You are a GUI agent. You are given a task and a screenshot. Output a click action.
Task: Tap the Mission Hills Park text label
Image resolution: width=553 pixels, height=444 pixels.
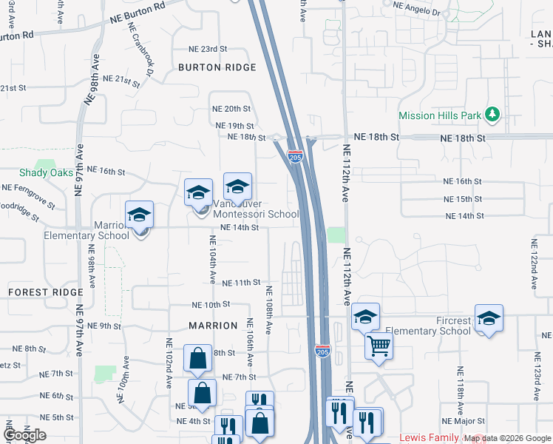pos(439,115)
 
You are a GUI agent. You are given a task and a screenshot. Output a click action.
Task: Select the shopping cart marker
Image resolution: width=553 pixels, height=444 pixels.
pos(379,345)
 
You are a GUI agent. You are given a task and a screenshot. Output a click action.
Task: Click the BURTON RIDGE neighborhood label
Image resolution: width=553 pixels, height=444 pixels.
pos(217,67)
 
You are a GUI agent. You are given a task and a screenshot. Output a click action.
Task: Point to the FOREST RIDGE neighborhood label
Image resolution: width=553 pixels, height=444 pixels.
pos(46,292)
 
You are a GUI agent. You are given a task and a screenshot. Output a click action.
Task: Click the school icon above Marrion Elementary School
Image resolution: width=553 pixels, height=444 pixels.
pos(139,216)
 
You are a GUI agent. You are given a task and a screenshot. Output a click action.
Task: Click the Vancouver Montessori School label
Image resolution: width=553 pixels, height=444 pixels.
pos(256,209)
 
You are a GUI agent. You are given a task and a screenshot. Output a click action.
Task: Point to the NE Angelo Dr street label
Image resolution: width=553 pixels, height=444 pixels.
pos(416,9)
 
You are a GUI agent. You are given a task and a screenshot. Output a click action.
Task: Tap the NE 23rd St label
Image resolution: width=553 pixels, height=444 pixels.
pos(207,49)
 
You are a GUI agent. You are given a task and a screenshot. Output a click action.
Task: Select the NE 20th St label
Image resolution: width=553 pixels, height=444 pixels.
pos(232,108)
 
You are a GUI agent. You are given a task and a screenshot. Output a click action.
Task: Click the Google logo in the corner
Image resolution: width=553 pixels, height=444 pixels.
pos(24,435)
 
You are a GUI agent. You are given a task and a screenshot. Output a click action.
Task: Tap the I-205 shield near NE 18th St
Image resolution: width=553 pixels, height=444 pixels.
pos(295,157)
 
